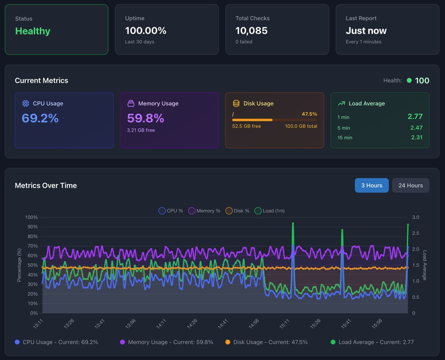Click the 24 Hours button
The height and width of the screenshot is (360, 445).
click(x=411, y=185)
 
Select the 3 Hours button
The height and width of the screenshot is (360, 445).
click(x=372, y=185)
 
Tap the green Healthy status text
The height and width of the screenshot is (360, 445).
click(x=33, y=31)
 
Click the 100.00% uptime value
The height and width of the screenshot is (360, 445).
click(x=146, y=31)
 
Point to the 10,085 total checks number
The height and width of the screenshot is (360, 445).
click(x=251, y=31)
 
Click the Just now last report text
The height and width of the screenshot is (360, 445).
click(x=366, y=31)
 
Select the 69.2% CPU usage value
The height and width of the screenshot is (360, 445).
click(x=40, y=118)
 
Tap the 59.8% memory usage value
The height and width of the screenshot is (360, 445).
click(x=145, y=118)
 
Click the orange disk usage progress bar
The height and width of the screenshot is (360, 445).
click(x=253, y=120)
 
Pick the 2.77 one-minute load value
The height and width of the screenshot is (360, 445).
click(x=415, y=117)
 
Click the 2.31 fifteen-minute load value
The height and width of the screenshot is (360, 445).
click(x=416, y=137)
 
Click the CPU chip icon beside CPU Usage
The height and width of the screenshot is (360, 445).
click(x=26, y=103)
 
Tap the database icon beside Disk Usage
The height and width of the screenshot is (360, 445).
click(x=236, y=103)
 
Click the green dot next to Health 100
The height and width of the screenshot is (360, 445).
click(x=409, y=80)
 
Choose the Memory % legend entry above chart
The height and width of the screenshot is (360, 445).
click(x=204, y=211)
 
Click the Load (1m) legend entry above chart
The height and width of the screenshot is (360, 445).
click(x=270, y=211)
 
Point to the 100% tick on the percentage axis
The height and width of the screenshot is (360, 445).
click(x=31, y=217)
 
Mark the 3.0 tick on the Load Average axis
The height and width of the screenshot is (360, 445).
click(x=416, y=217)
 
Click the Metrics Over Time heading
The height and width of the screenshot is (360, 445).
click(x=46, y=185)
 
